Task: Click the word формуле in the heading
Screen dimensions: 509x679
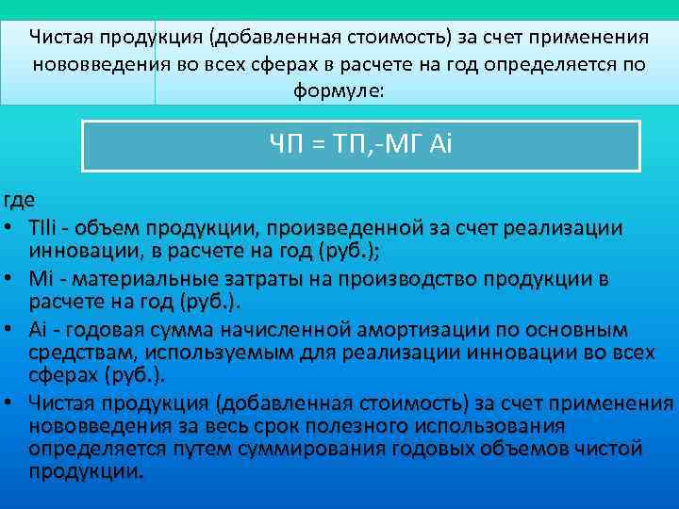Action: coord(339,91)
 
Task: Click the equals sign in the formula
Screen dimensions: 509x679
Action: coord(319,146)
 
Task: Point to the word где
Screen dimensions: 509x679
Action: coord(19,202)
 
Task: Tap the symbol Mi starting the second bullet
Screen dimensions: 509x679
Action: coord(40,280)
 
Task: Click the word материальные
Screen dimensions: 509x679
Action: coord(131,280)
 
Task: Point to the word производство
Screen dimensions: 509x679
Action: coord(406,280)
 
